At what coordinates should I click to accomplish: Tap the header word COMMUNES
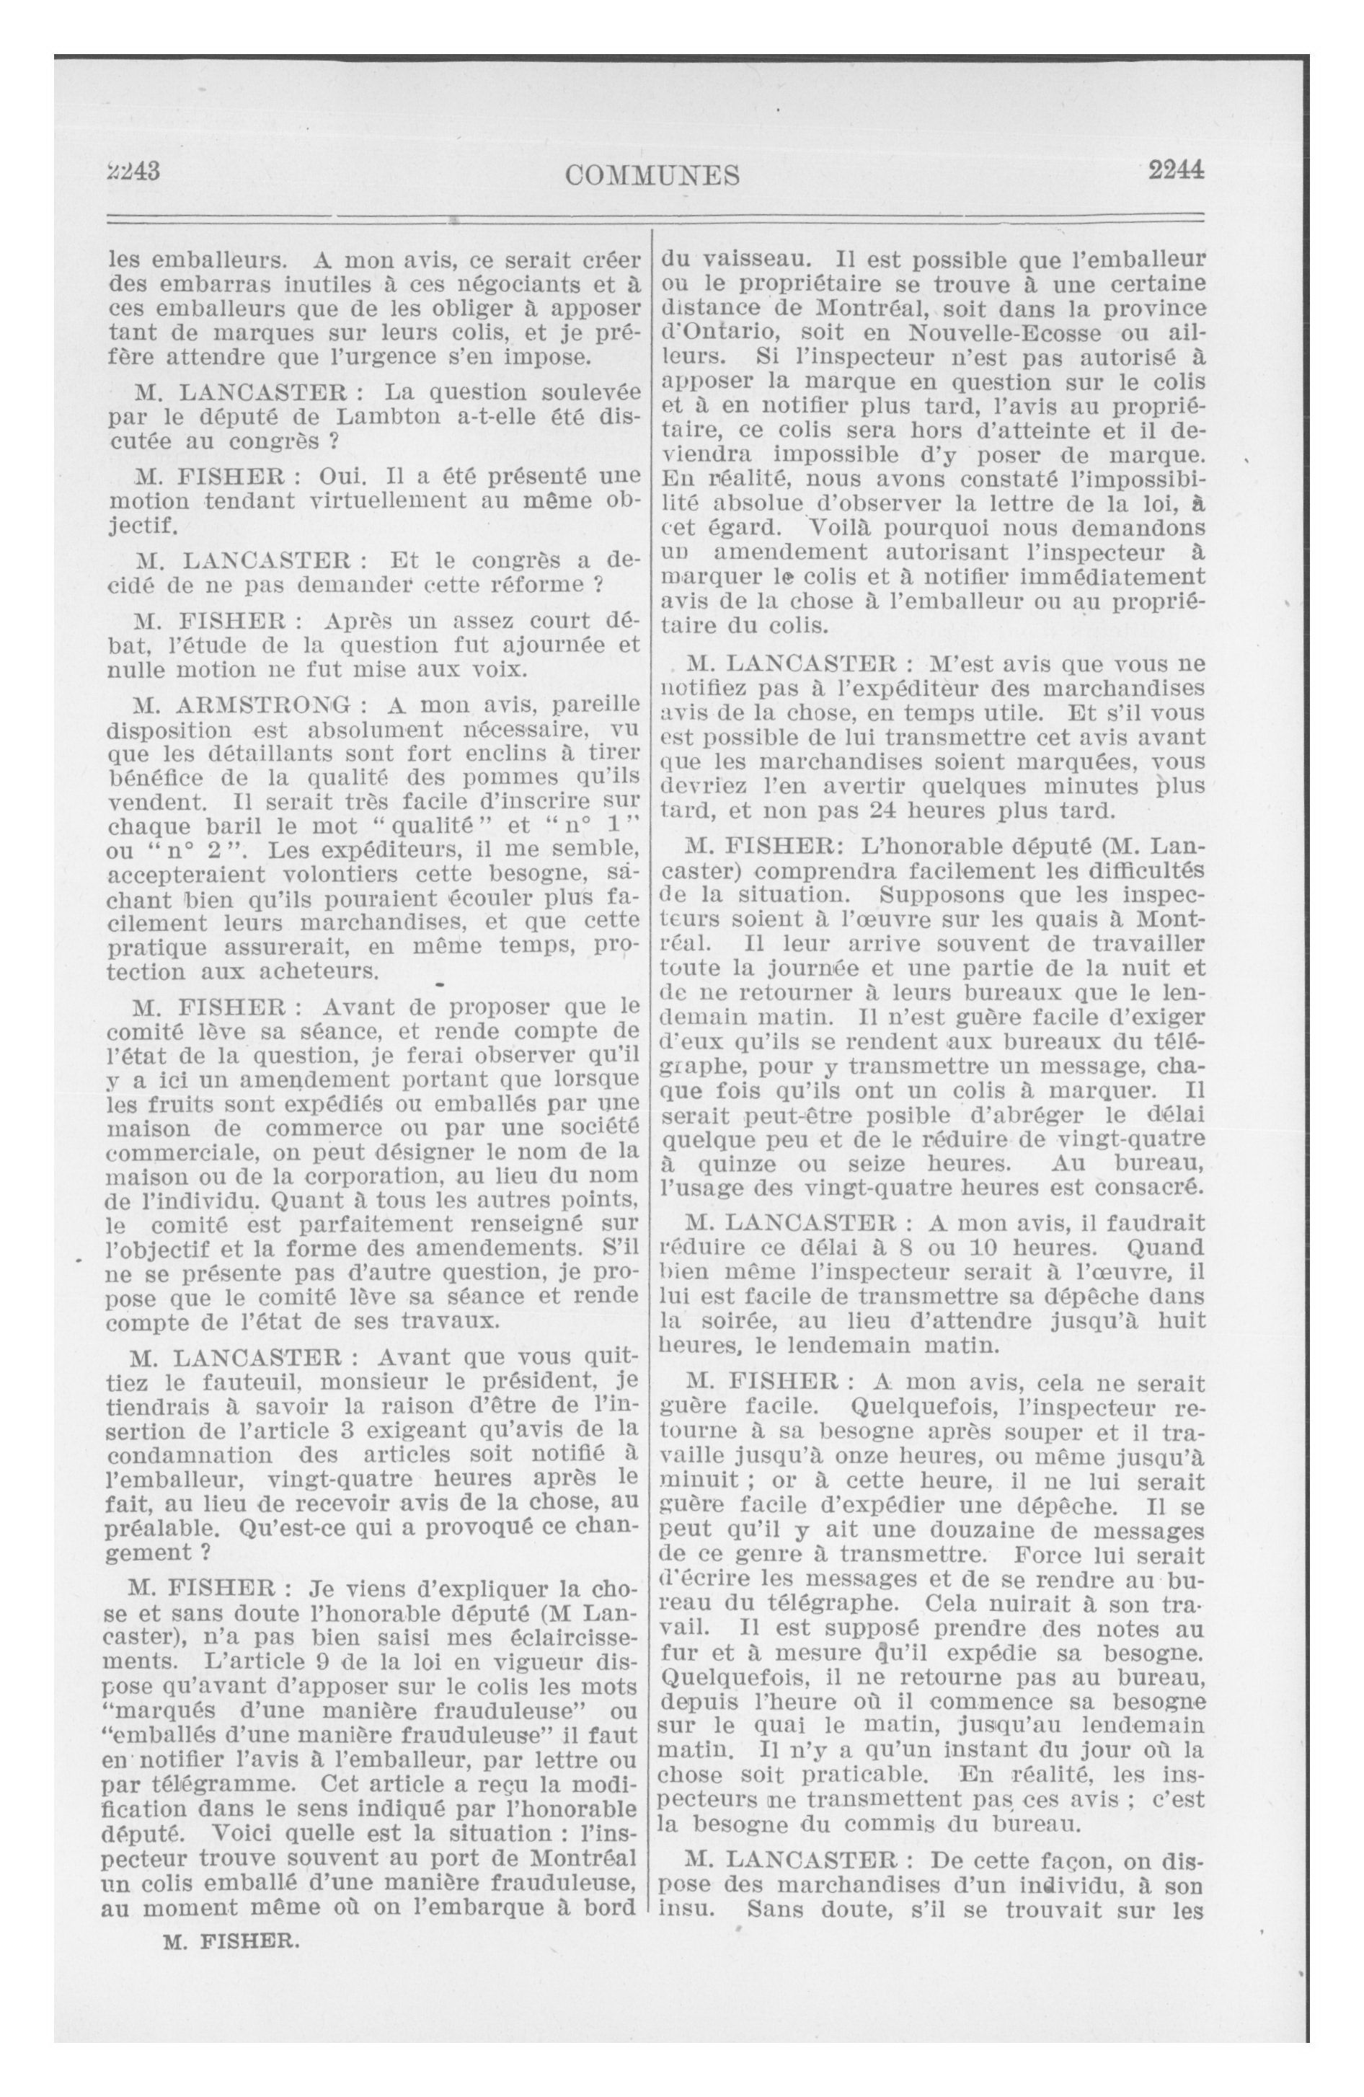652,176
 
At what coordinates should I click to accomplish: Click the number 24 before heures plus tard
885,809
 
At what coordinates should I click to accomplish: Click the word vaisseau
750,261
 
